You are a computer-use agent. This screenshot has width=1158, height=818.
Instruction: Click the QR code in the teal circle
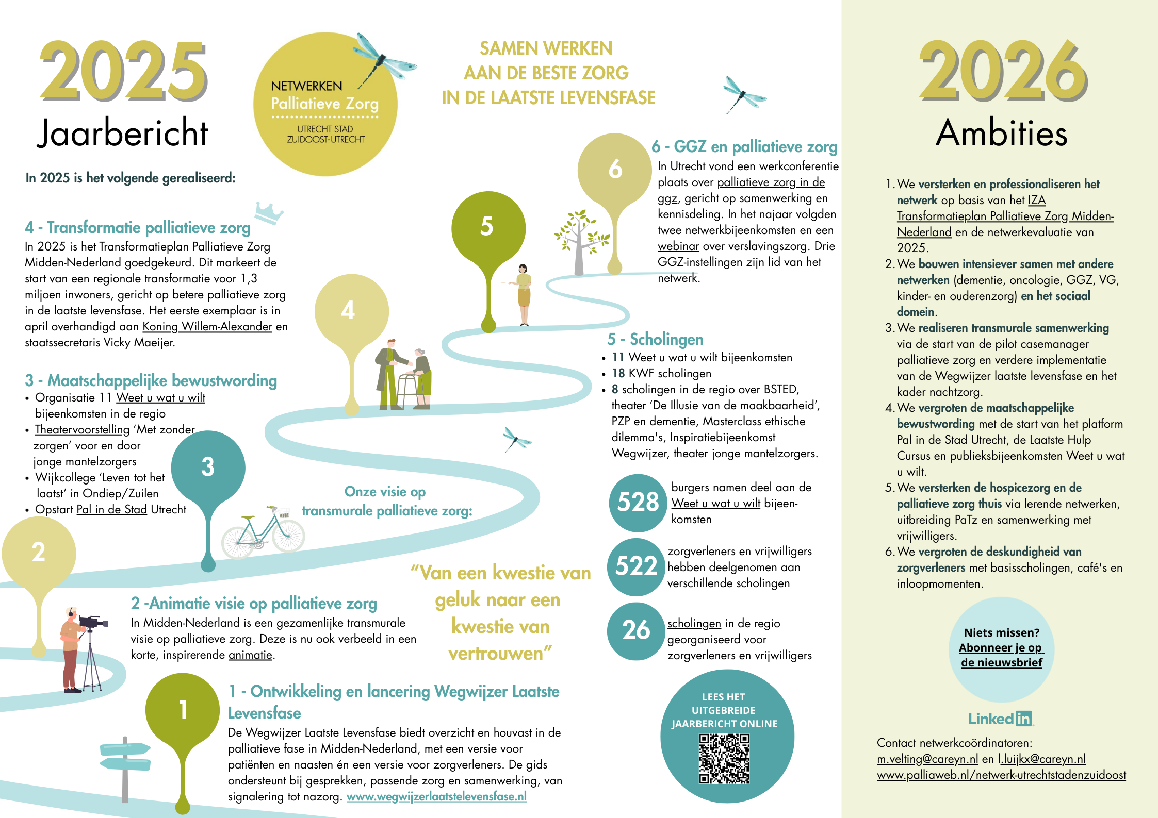724,759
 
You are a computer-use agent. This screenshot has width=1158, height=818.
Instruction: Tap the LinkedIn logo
1000,719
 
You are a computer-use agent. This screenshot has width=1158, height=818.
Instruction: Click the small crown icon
269,212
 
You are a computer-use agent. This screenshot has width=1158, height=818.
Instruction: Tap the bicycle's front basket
284,514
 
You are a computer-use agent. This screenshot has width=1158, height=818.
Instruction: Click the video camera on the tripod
92,622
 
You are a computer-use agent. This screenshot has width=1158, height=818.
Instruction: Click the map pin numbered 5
487,227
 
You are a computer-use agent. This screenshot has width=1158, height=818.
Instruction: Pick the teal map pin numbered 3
208,468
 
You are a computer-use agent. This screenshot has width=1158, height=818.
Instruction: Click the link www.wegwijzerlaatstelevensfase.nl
436,796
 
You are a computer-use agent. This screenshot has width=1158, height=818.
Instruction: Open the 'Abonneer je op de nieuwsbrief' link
1001,655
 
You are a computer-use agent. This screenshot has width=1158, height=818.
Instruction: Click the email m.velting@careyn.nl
927,759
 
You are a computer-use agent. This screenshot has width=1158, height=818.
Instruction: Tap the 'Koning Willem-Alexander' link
207,326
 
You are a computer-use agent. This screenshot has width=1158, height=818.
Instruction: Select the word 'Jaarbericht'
122,133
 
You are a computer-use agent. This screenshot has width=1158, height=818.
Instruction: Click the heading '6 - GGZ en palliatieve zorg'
744,147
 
